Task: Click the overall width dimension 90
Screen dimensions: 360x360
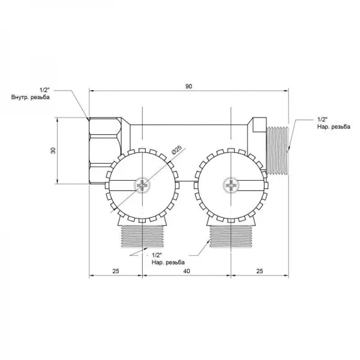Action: pos(188,86)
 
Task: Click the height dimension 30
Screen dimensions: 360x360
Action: pos(53,151)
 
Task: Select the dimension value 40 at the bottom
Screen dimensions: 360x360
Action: pos(187,271)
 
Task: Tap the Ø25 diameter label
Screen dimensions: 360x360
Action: pos(176,149)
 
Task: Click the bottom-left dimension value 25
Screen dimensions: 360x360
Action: pos(116,271)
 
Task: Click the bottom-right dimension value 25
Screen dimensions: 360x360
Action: pos(259,271)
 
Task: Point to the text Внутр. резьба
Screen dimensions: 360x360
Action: pos(31,97)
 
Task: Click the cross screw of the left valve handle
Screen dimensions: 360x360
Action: pos(142,185)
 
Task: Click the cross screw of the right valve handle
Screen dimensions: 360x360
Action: pos(231,185)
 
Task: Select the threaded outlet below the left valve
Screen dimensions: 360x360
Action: pos(142,236)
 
